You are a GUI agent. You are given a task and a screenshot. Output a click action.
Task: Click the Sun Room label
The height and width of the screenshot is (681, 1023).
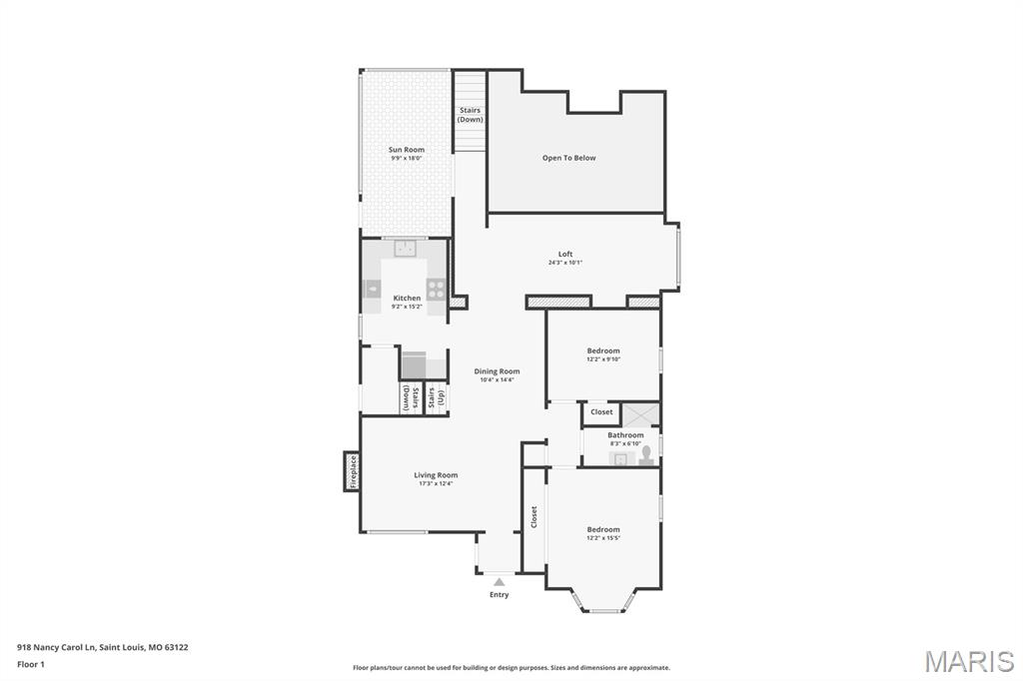tap(407, 150)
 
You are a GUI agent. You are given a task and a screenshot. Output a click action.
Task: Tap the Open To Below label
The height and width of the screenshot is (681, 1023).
tap(568, 158)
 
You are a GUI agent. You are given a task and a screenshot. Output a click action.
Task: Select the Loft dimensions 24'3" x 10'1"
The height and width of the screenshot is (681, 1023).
tap(565, 263)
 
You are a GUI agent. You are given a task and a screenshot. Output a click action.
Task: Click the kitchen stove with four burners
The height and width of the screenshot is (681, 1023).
tap(437, 290)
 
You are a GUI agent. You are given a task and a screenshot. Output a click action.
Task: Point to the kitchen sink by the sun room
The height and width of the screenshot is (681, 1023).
tap(405, 249)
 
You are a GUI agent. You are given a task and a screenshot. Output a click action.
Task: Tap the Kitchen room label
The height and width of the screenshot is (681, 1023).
tap(407, 299)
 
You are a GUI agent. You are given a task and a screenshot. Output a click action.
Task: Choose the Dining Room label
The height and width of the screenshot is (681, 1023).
tap(497, 371)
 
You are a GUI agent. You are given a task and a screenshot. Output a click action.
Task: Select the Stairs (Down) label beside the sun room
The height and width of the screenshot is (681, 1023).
tap(470, 115)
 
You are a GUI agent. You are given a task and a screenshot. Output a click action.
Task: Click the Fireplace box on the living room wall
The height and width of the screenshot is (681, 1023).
tap(352, 471)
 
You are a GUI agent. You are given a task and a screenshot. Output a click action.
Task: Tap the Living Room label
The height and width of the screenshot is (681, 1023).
tap(436, 475)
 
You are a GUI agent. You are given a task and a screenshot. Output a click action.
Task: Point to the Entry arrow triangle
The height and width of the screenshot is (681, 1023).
tap(499, 581)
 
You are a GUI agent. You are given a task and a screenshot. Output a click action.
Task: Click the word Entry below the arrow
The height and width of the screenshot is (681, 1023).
tap(499, 595)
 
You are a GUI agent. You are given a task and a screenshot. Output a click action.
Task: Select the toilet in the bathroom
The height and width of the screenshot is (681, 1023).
tap(646, 455)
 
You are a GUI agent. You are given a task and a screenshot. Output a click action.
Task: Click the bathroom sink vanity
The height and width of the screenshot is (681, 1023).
tap(620, 458)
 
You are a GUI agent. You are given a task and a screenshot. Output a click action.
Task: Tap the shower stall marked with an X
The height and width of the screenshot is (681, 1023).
tap(639, 412)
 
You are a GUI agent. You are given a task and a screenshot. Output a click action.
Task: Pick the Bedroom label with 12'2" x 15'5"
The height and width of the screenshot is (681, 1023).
tap(603, 529)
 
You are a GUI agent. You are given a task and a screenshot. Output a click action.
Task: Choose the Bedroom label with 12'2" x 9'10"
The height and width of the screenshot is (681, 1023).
tap(603, 350)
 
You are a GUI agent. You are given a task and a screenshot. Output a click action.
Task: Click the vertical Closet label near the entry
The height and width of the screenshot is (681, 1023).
tap(534, 516)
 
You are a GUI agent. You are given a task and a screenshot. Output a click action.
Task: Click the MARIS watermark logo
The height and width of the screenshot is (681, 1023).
tap(968, 661)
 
